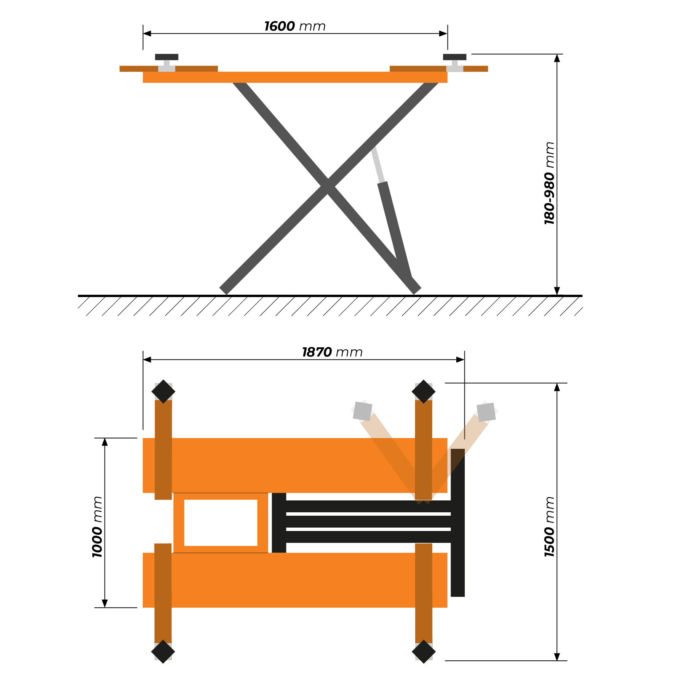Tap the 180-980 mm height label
(x=549, y=183)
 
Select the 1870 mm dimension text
(x=332, y=352)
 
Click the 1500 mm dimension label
(x=549, y=527)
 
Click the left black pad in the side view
(x=167, y=57)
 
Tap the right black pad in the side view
(x=455, y=57)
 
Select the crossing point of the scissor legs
(x=328, y=186)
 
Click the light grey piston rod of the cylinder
(x=378, y=164)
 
